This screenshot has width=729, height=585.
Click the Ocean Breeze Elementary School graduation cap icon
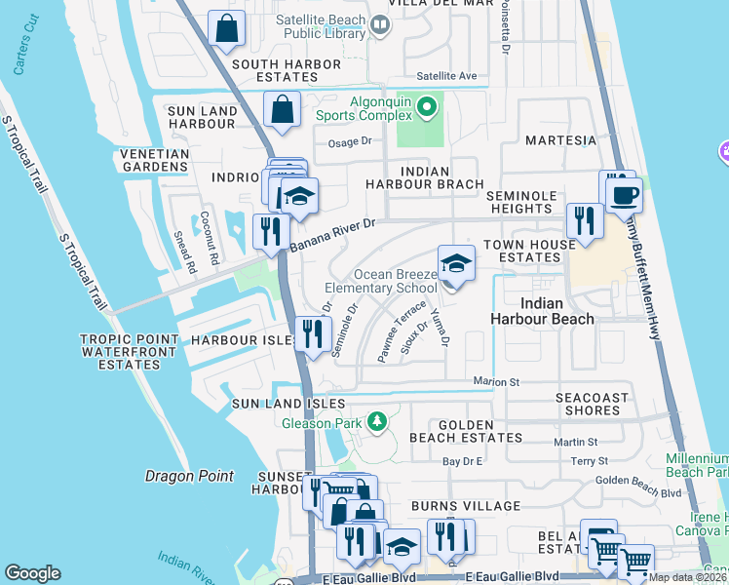455,263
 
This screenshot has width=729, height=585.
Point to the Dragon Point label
189,476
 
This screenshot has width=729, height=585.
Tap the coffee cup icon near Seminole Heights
623,193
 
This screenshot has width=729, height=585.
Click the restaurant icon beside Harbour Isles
312,335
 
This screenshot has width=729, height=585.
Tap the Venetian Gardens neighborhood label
154,161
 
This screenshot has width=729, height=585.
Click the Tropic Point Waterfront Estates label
129,352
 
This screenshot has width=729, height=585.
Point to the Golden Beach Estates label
466,431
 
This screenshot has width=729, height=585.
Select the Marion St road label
496,381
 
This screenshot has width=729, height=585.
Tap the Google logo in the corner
32,573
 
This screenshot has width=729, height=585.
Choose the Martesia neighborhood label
560,140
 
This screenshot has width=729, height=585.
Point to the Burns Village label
466,506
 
